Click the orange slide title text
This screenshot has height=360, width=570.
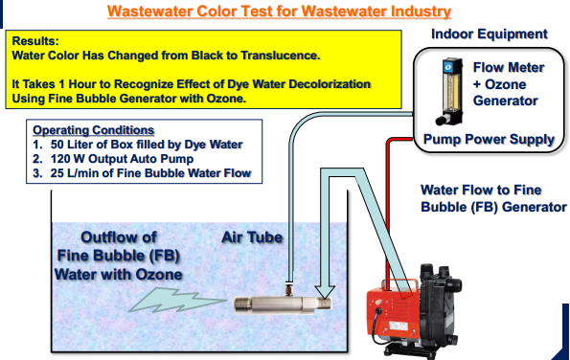[279, 11]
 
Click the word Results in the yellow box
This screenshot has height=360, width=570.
[35, 40]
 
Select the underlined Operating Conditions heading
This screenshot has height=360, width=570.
[94, 130]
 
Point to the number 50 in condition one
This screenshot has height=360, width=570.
[57, 145]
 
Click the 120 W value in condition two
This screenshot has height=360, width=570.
[68, 159]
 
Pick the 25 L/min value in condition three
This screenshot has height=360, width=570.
[75, 173]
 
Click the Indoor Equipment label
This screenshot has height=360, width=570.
[490, 34]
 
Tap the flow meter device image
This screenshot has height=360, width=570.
[450, 92]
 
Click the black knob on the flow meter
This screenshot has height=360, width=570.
[442, 120]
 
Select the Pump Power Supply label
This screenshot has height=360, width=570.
[489, 139]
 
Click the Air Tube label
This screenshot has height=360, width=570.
[252, 237]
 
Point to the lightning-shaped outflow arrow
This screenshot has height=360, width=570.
[176, 301]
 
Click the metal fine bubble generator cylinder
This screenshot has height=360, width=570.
[283, 304]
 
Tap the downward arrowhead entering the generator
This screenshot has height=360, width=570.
[325, 291]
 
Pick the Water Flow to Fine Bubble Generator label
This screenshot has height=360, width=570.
[493, 198]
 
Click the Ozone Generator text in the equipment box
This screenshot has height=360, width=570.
[505, 92]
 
